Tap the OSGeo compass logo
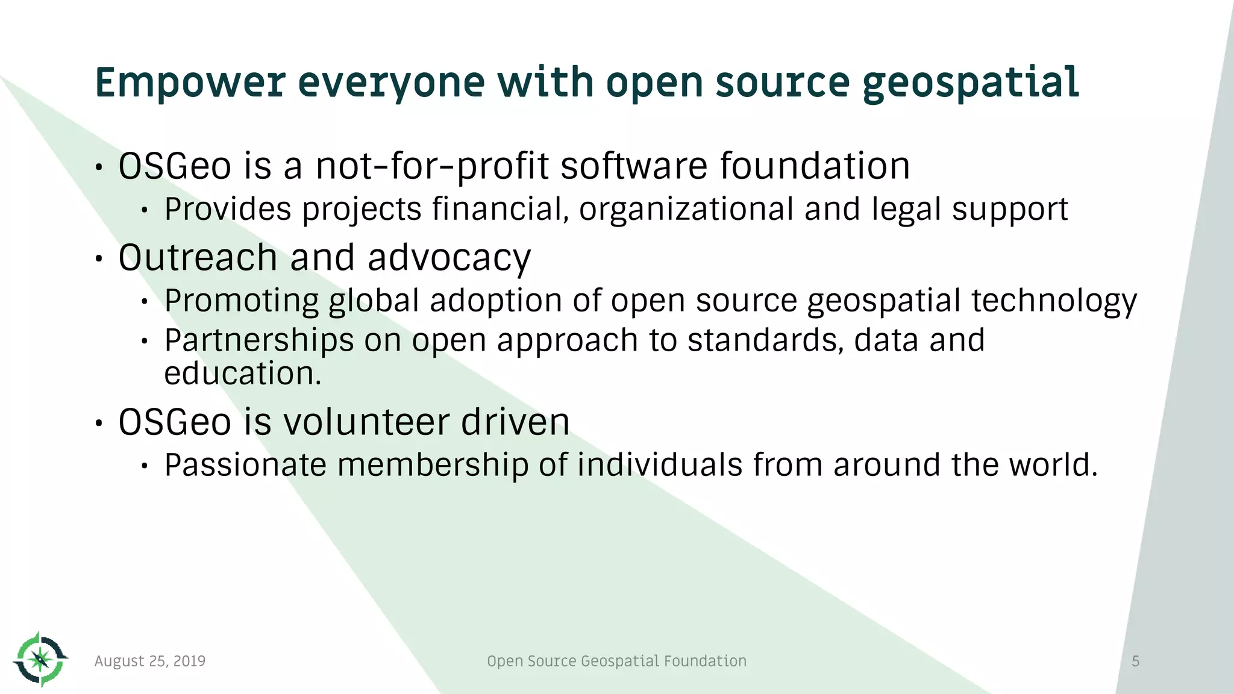click(x=40, y=660)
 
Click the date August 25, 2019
click(x=150, y=661)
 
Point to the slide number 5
click(x=1135, y=661)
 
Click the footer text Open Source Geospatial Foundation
click(x=616, y=661)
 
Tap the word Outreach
click(x=198, y=258)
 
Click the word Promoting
click(x=241, y=301)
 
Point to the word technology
click(x=1054, y=301)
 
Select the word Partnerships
click(x=259, y=341)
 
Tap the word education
click(x=242, y=374)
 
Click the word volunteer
click(x=366, y=422)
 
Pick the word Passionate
click(x=245, y=465)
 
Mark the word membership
click(x=432, y=465)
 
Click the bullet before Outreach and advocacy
click(x=99, y=259)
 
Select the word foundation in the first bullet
click(x=815, y=166)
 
